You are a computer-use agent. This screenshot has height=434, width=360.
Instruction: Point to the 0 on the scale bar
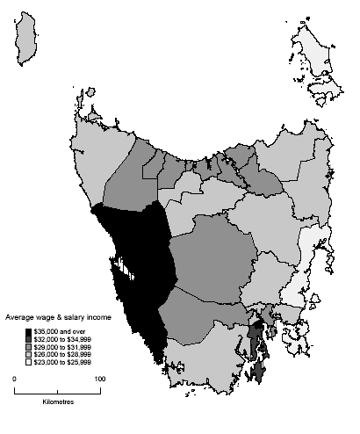[x=14, y=379]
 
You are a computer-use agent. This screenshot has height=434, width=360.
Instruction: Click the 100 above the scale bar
[x=100, y=379]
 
